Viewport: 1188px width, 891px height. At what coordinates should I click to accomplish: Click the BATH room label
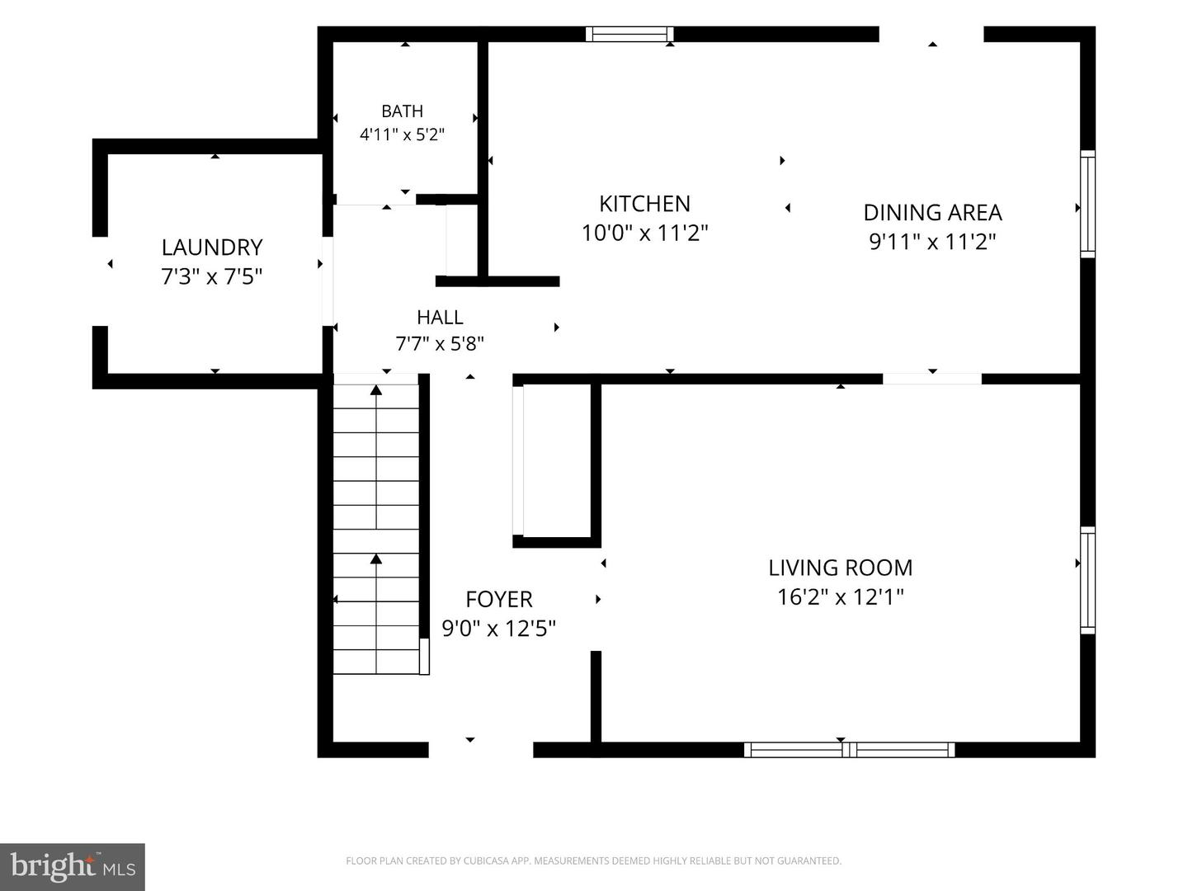402,111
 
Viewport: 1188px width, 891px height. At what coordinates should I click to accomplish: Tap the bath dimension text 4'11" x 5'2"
402,134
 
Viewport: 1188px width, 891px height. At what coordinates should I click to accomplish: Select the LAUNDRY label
212,247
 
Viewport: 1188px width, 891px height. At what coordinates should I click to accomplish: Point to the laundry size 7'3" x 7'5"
212,276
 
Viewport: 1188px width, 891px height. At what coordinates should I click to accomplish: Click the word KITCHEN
644,204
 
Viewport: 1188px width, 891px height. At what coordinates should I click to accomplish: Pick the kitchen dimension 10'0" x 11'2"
644,233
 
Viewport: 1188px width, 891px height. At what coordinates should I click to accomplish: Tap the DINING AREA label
932,213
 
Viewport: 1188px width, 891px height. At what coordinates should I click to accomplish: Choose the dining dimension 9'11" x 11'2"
932,241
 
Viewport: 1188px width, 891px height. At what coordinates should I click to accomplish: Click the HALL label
440,317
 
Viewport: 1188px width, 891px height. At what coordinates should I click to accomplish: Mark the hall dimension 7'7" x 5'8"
440,343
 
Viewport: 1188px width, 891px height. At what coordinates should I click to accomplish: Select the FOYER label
499,600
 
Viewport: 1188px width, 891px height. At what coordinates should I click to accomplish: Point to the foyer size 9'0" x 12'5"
499,629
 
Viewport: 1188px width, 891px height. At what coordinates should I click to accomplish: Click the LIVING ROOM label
841,568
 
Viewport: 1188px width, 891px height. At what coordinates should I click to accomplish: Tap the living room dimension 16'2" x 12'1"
841,597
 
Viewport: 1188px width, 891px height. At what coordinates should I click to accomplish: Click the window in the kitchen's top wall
629,34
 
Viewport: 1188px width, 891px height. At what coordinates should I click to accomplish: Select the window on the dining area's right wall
1088,204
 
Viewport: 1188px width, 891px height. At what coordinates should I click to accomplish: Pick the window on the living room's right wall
1088,580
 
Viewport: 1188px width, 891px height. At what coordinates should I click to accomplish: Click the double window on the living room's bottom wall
849,750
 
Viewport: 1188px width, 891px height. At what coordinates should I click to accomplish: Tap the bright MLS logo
73,866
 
